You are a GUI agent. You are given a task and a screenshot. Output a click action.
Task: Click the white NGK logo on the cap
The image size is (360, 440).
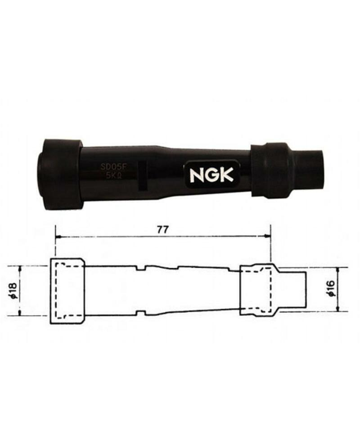pyautogui.click(x=211, y=175)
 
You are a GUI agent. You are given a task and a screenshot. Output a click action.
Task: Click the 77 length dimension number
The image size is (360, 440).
pyautogui.click(x=163, y=229)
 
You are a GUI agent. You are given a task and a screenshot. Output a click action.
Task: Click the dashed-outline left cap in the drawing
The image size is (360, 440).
pyautogui.click(x=67, y=291)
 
